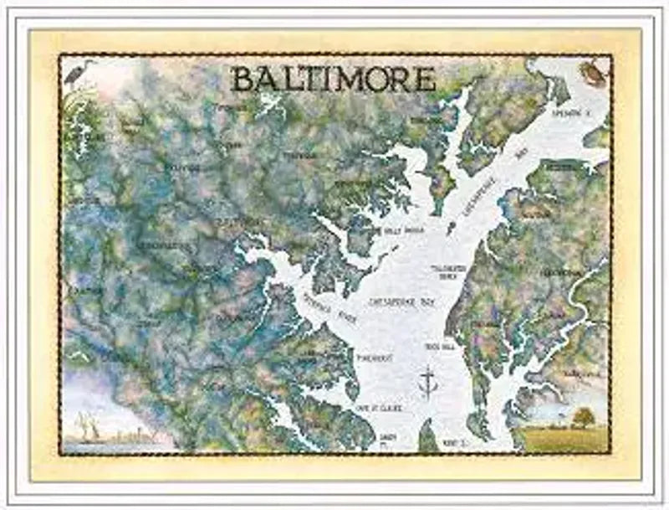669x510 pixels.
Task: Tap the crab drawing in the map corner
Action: (593, 73)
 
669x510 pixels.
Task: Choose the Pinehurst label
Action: (374, 358)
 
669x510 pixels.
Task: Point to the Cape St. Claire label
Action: (378, 408)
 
